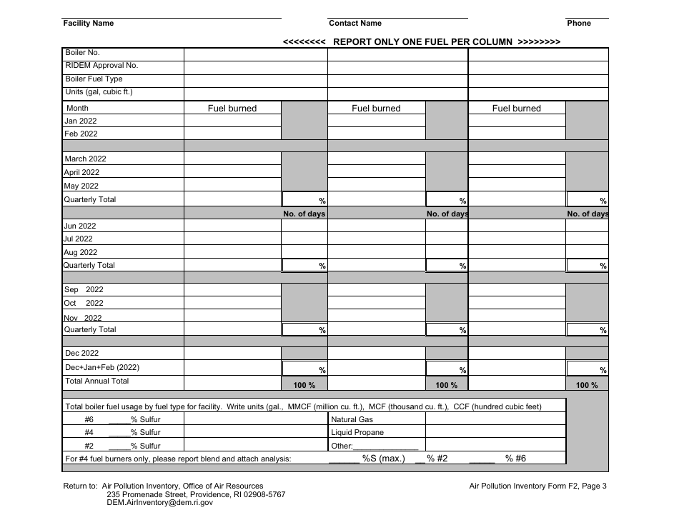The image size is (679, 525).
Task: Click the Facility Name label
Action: [89, 24]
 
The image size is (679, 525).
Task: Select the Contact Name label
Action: [355, 24]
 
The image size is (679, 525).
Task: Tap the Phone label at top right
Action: [579, 24]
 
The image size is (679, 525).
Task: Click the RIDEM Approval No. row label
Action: [101, 66]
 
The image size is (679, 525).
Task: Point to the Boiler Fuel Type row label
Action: [94, 79]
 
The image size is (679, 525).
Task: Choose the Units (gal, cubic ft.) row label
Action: [99, 92]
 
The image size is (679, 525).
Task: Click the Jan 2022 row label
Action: [81, 121]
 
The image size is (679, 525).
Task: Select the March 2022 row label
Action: [85, 159]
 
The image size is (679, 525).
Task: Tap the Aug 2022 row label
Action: [80, 252]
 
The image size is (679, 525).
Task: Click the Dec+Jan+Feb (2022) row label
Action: [102, 368]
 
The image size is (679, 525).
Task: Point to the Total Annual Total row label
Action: [97, 381]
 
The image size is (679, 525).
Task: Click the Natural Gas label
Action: [352, 420]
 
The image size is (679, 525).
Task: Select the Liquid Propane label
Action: [357, 433]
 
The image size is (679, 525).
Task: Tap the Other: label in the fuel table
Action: [342, 446]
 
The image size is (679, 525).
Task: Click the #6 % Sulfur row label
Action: [122, 420]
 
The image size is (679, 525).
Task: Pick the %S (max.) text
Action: [383, 459]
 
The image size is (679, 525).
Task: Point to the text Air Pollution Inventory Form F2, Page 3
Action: [538, 486]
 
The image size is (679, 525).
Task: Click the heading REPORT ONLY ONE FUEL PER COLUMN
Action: [422, 41]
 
